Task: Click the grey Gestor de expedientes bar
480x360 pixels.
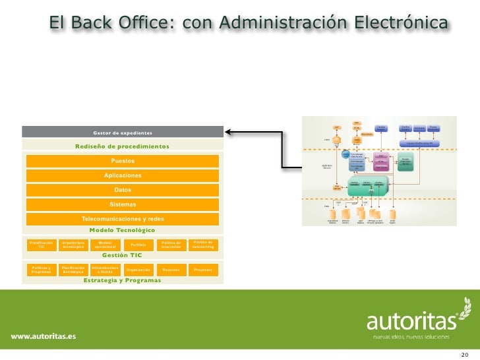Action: pos(123,133)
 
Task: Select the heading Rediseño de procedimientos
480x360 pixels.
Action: pos(123,146)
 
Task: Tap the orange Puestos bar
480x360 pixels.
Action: pos(123,161)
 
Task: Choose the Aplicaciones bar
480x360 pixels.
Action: pos(123,175)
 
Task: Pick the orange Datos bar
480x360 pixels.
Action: pos(123,190)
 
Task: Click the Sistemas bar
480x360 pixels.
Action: pos(123,204)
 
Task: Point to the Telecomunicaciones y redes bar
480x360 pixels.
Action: pos(123,219)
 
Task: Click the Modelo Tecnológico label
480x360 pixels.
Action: pos(123,230)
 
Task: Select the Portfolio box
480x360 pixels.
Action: pos(138,245)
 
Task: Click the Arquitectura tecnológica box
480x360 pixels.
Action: pos(74,245)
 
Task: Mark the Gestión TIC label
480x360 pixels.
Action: pos(123,255)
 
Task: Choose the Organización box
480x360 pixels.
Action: pos(138,270)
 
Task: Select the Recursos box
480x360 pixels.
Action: pos(171,270)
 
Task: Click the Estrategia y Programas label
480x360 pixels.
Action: pos(123,280)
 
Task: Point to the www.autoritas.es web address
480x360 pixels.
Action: pos(43,336)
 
